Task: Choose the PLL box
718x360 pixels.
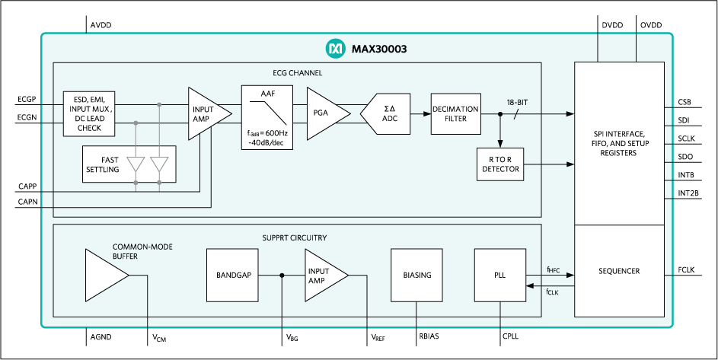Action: click(x=500, y=275)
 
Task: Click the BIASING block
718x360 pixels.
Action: click(x=416, y=275)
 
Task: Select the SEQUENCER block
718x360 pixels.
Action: click(x=620, y=271)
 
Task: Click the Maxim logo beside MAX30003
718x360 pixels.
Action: click(x=335, y=49)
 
